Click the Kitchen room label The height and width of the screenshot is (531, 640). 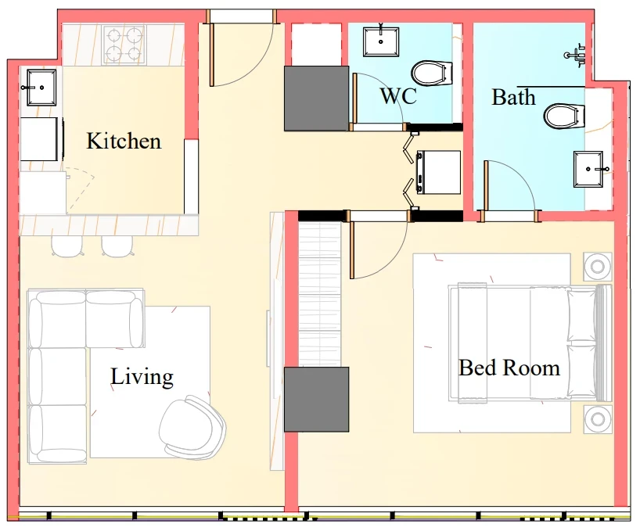coord(124,141)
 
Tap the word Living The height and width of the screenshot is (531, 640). coord(142,376)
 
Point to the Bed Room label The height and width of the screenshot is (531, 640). coord(509,368)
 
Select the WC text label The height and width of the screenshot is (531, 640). coord(398,96)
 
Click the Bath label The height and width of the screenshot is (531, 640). coord(513,97)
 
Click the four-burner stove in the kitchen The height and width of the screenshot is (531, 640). coord(124,45)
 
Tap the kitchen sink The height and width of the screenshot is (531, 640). coord(41,88)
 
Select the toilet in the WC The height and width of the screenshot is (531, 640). coord(432,74)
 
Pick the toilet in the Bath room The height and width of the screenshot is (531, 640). coord(564,116)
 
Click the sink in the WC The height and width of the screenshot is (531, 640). coord(381,41)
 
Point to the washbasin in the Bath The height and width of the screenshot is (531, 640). coord(588,169)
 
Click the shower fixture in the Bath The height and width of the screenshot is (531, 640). coord(576,55)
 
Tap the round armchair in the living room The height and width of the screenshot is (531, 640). coord(192,425)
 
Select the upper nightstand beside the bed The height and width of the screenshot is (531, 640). coord(598,267)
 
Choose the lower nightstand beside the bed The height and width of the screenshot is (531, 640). coord(598,419)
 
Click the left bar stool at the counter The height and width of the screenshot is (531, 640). coord(67,246)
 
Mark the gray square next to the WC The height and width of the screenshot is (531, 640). coord(316,99)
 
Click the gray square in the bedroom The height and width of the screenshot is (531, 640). coord(316,400)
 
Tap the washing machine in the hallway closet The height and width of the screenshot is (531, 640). coord(438,172)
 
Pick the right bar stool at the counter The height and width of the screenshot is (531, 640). coord(117,246)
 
